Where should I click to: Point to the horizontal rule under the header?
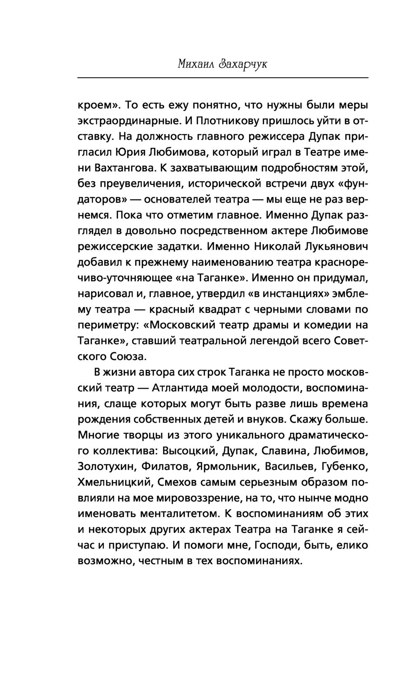point(223,78)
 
